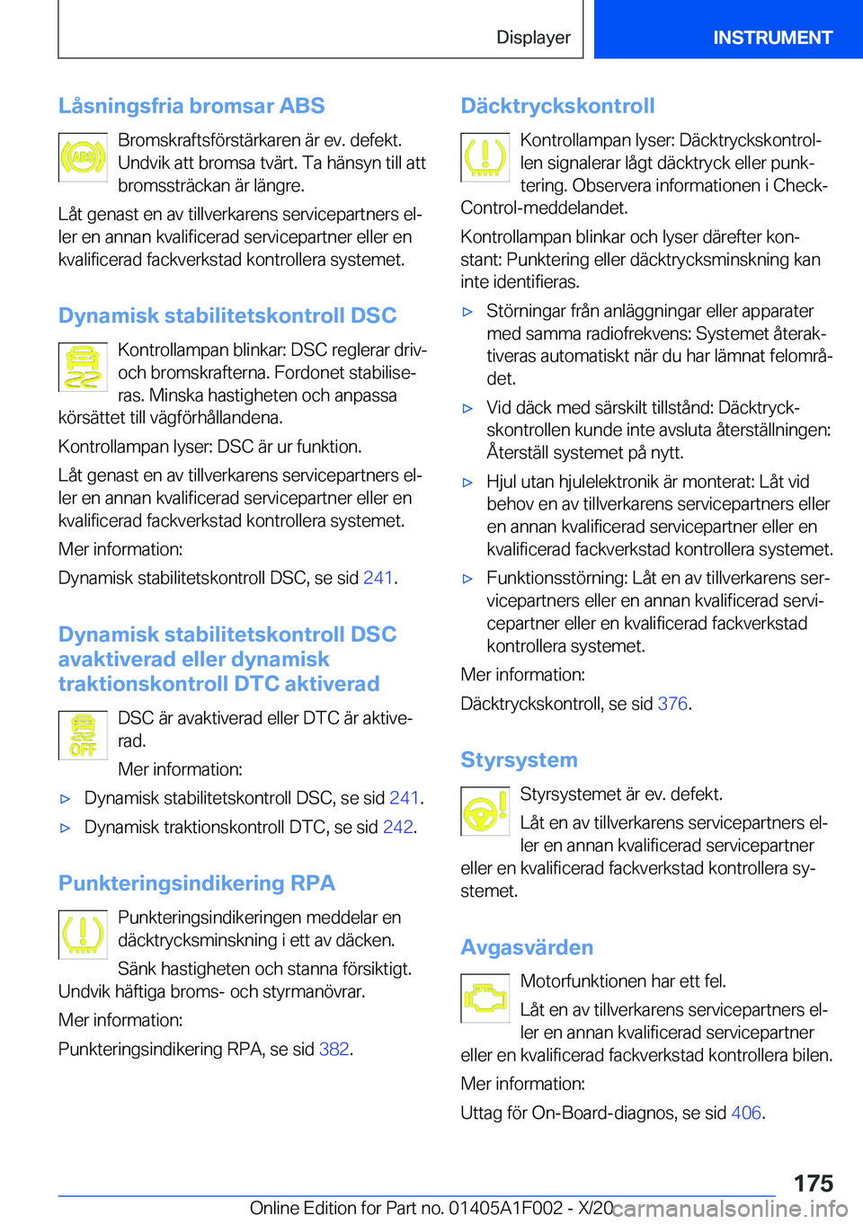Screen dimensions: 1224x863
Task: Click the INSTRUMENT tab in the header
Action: point(772,38)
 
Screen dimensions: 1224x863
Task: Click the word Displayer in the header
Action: point(533,38)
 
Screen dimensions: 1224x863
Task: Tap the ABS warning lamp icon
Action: point(83,158)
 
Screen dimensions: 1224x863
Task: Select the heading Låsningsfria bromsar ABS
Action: point(191,106)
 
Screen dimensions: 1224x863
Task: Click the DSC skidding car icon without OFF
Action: point(83,368)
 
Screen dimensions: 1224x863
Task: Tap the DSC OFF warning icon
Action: point(83,736)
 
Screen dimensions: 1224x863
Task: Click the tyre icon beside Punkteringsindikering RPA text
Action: point(83,935)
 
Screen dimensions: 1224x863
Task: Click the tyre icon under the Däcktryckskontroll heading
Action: point(485,157)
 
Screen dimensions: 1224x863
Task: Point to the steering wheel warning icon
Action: point(485,812)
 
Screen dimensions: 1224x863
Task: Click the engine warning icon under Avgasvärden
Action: point(485,998)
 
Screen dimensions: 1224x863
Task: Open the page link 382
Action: point(334,1050)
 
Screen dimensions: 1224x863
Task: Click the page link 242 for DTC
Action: point(397,828)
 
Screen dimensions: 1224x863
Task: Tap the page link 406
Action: point(746,1113)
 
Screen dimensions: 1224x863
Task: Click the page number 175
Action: point(813,1183)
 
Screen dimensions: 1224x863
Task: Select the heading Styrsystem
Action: point(519,760)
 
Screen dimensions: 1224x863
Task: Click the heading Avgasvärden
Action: point(527,948)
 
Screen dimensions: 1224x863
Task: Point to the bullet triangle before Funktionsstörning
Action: point(467,580)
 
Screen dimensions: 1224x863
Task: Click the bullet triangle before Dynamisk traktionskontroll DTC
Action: point(65,828)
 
